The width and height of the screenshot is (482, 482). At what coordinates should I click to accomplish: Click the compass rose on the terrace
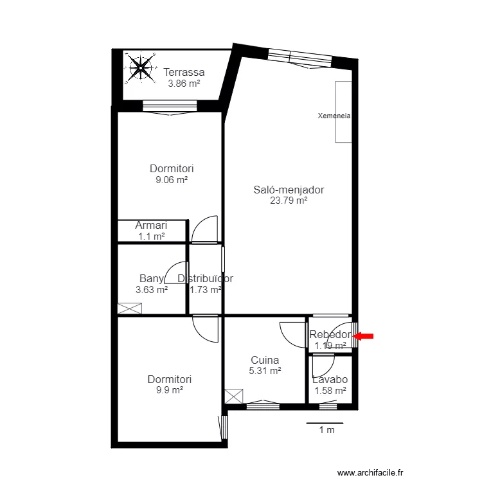tap(139, 67)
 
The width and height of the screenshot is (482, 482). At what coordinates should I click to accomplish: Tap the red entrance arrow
tap(364, 335)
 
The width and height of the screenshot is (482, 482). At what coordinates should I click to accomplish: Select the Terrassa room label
tap(184, 72)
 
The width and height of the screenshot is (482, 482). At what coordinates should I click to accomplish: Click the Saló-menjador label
tap(289, 190)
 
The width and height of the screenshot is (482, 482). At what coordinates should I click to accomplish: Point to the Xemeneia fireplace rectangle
tap(343, 112)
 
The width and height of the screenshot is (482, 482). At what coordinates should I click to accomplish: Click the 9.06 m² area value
tap(172, 180)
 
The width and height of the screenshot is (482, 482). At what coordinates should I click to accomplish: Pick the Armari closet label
tap(152, 226)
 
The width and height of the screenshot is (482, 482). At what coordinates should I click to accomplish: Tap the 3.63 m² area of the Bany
tap(152, 289)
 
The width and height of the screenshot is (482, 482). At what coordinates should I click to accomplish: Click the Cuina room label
tap(265, 360)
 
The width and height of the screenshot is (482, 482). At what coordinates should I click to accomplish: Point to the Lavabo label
tap(330, 379)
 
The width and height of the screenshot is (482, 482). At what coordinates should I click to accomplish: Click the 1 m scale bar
tap(325, 424)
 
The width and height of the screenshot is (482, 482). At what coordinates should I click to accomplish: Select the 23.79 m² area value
tap(289, 201)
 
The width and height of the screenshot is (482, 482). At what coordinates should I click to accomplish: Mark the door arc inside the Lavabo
tap(321, 366)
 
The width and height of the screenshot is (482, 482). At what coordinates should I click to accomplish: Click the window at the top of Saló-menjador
tap(300, 57)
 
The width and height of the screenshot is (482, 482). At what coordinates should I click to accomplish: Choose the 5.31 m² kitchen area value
tap(265, 371)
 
